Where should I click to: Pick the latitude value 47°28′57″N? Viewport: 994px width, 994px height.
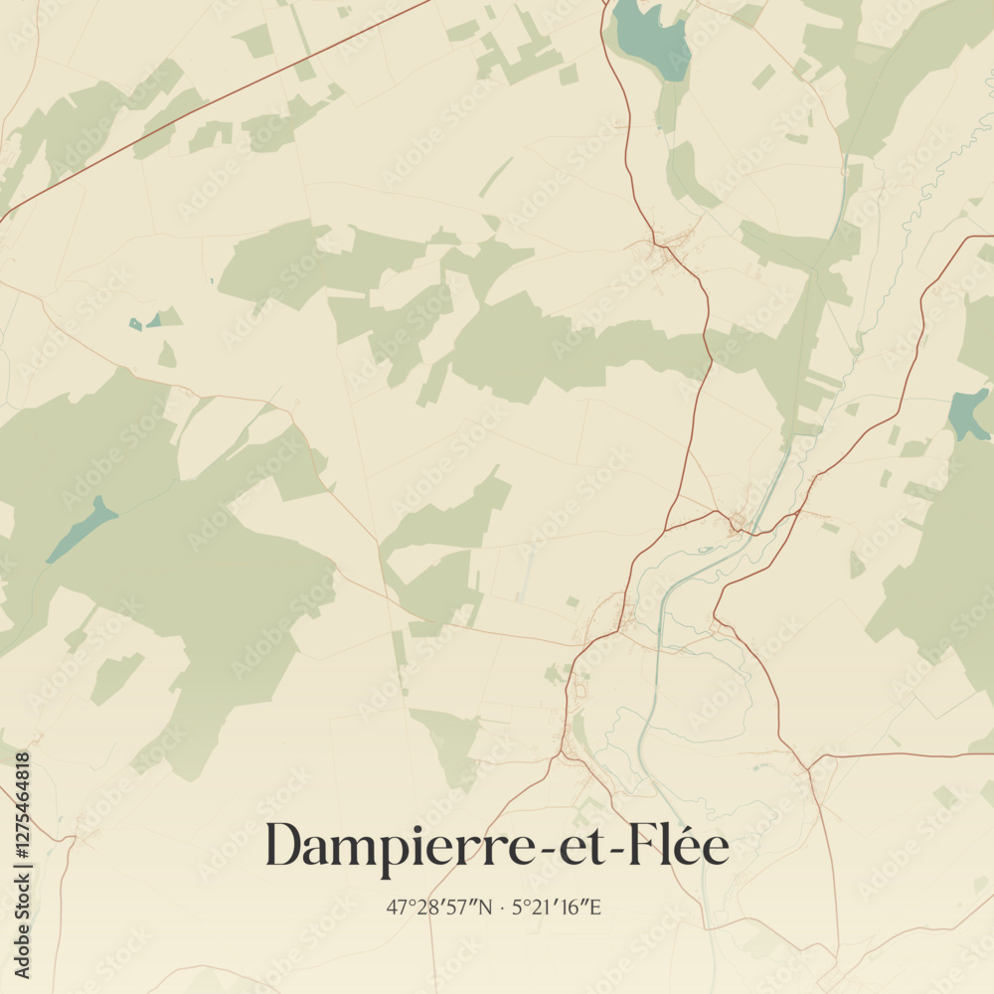pyautogui.click(x=439, y=907)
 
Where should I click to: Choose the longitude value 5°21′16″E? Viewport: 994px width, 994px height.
pyautogui.click(x=557, y=907)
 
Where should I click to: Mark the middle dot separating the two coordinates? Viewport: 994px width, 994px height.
pyautogui.click(x=502, y=907)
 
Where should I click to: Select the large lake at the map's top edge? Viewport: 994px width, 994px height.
pyautogui.click(x=651, y=35)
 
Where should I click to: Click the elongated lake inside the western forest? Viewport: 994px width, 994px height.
pyautogui.click(x=82, y=527)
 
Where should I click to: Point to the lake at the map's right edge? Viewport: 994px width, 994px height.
pyautogui.click(x=967, y=414)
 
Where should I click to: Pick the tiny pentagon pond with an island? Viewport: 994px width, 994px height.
pyautogui.click(x=135, y=324)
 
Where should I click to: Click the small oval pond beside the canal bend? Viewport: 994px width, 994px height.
pyautogui.click(x=705, y=549)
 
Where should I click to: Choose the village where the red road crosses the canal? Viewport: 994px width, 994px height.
pyautogui.click(x=740, y=520)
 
